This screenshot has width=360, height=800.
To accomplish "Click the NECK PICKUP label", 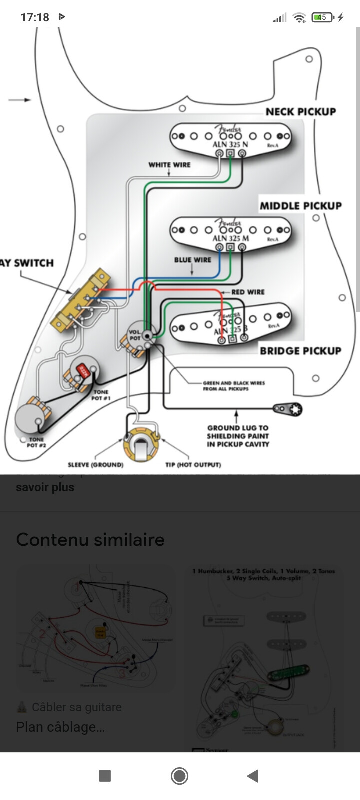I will (300, 112).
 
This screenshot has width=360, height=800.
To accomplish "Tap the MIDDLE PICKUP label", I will (300, 206).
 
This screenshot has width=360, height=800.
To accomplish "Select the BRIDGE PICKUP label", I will (300, 351).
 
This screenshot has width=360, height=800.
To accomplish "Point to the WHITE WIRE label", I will (169, 165).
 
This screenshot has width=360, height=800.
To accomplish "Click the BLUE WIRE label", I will (192, 260).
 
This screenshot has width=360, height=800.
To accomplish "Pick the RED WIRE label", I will (248, 292).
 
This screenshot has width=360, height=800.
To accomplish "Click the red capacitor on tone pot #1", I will (83, 370).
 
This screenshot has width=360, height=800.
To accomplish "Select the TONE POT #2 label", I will (36, 442).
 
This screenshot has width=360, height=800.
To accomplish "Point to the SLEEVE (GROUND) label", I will (95, 465).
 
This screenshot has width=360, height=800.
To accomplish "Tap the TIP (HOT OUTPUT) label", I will (193, 465).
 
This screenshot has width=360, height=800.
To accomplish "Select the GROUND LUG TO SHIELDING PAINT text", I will (238, 436).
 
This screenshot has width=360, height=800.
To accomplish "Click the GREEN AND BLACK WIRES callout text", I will (234, 386).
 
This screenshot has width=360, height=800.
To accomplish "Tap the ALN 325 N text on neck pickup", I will (230, 145).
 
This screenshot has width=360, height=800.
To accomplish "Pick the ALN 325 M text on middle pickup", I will (230, 238).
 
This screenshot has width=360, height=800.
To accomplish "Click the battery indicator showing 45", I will (322, 17).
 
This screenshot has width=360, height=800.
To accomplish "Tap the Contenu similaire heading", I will (90, 540).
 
